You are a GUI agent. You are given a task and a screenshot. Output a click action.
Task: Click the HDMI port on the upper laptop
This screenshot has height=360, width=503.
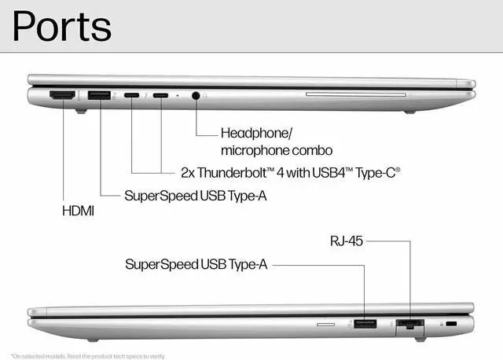pos(62,96)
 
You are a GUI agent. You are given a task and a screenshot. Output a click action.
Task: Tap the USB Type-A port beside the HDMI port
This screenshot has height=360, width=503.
pos(99,96)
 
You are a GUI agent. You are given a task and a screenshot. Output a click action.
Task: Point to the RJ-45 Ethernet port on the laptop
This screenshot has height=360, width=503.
pos(409,324)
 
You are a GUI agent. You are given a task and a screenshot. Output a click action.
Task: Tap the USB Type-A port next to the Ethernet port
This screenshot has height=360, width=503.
pos(365,323)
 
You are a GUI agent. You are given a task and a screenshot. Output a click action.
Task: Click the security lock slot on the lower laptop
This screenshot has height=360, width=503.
pos(451,323)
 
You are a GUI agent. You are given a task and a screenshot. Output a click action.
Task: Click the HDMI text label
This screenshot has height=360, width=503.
pos(79,211)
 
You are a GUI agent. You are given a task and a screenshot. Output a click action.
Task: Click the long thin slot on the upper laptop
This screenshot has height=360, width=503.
pos(354,95)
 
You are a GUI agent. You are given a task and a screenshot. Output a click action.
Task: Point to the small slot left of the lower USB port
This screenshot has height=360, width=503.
pos(325,323)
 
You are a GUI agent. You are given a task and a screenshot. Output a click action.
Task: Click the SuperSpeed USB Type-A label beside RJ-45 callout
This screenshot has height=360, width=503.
pos(196,265)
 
